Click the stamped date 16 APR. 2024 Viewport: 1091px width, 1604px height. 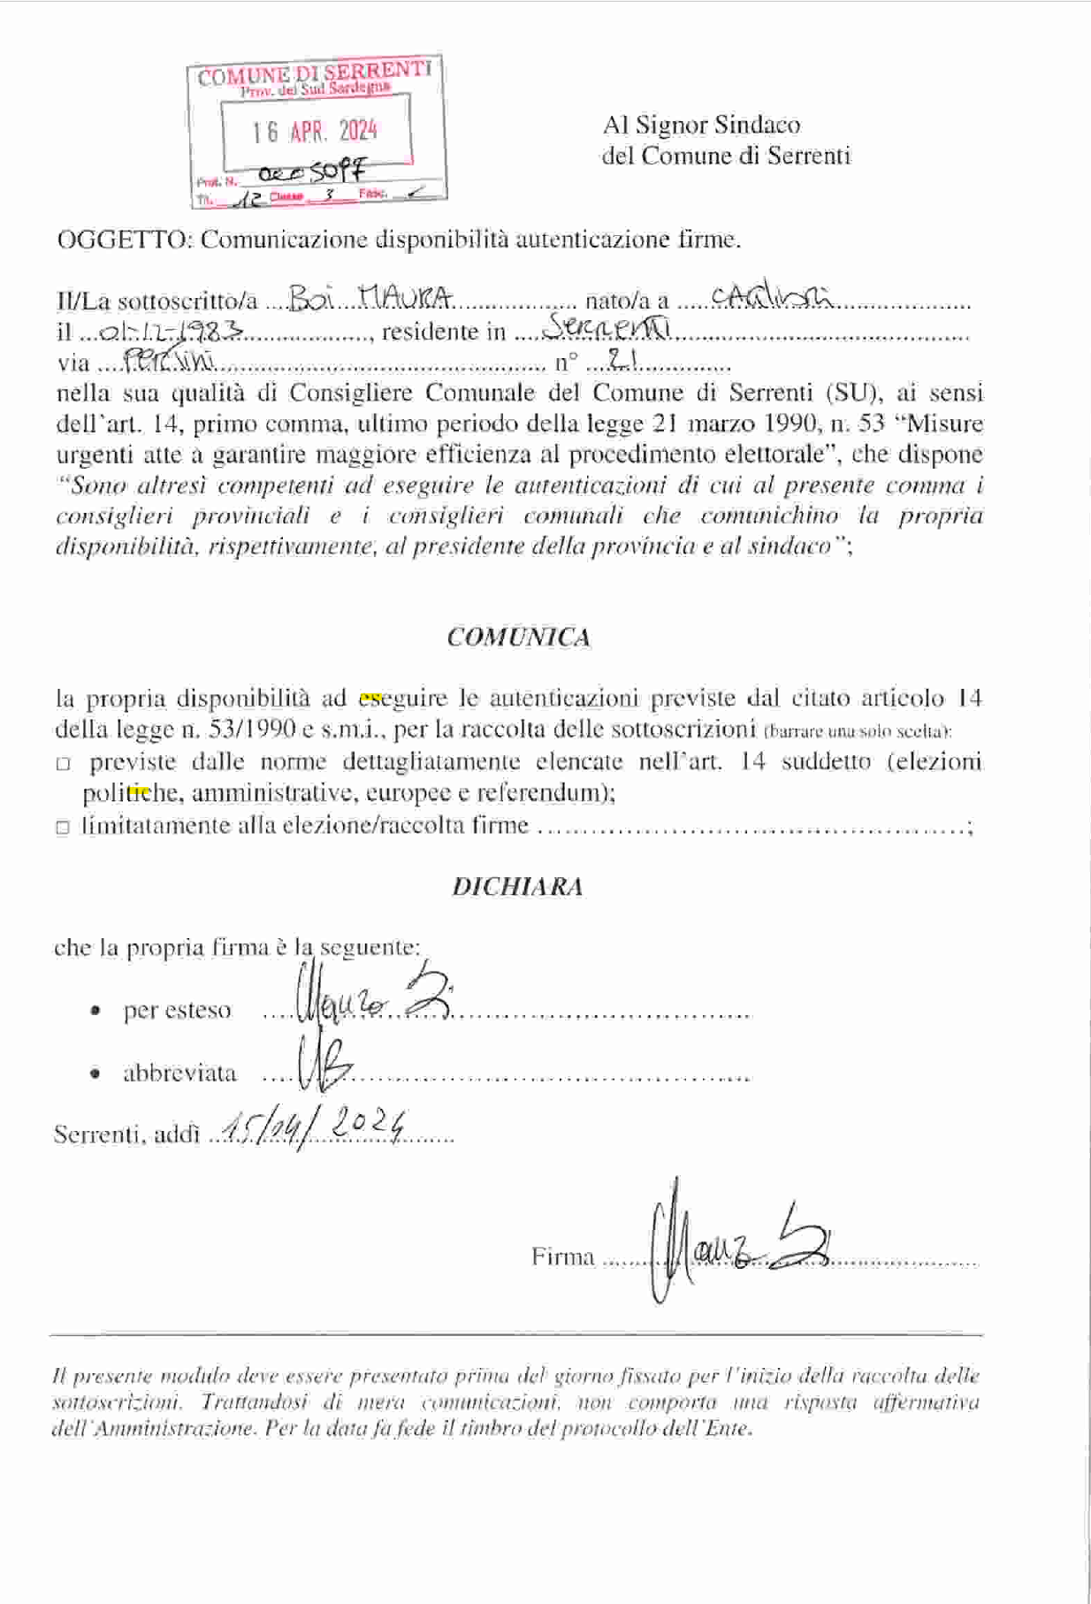tap(315, 132)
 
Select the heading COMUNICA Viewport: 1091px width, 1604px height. tap(519, 638)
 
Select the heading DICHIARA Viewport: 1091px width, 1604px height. tap(518, 887)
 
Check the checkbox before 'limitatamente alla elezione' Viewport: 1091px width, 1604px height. tap(63, 828)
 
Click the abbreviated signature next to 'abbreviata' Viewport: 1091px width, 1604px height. tap(324, 1068)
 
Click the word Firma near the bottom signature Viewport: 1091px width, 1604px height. tap(563, 1256)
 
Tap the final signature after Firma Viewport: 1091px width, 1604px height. tap(738, 1242)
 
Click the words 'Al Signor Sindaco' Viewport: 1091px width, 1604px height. tap(701, 125)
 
